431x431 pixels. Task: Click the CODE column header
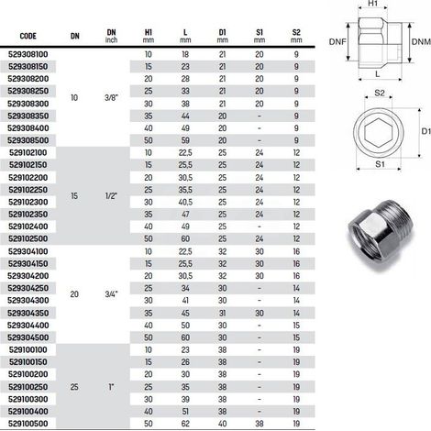click(28, 36)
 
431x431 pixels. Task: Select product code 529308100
click(28, 54)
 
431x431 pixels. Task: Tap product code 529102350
click(28, 215)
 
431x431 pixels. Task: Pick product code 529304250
click(28, 288)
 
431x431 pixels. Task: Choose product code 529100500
click(28, 424)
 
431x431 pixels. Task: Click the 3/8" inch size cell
click(111, 98)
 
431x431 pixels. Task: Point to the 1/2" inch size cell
click(111, 196)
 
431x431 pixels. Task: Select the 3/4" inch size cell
click(111, 294)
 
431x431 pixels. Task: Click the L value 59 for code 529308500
click(185, 140)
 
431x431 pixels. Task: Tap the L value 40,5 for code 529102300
click(185, 202)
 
